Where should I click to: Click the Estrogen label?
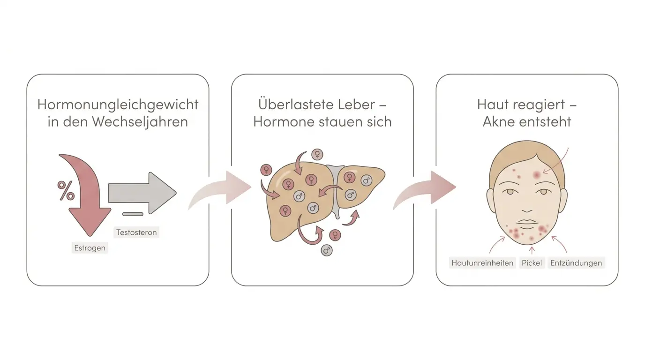click(x=90, y=247)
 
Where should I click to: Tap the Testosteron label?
click(x=136, y=232)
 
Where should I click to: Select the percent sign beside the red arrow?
click(x=66, y=190)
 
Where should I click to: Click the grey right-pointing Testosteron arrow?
click(x=142, y=193)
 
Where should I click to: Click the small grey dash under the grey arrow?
click(x=133, y=214)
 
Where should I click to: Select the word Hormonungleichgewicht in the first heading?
click(x=118, y=104)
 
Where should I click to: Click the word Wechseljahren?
click(x=140, y=121)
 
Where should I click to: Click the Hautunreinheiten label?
click(x=482, y=262)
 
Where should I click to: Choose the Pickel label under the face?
click(x=532, y=262)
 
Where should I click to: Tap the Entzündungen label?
click(x=576, y=262)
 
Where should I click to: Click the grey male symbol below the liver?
click(x=327, y=250)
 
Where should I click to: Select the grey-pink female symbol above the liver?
click(x=317, y=155)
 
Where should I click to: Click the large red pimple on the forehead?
click(x=537, y=174)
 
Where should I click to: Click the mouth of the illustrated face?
click(x=527, y=222)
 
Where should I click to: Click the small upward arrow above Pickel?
click(x=532, y=250)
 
